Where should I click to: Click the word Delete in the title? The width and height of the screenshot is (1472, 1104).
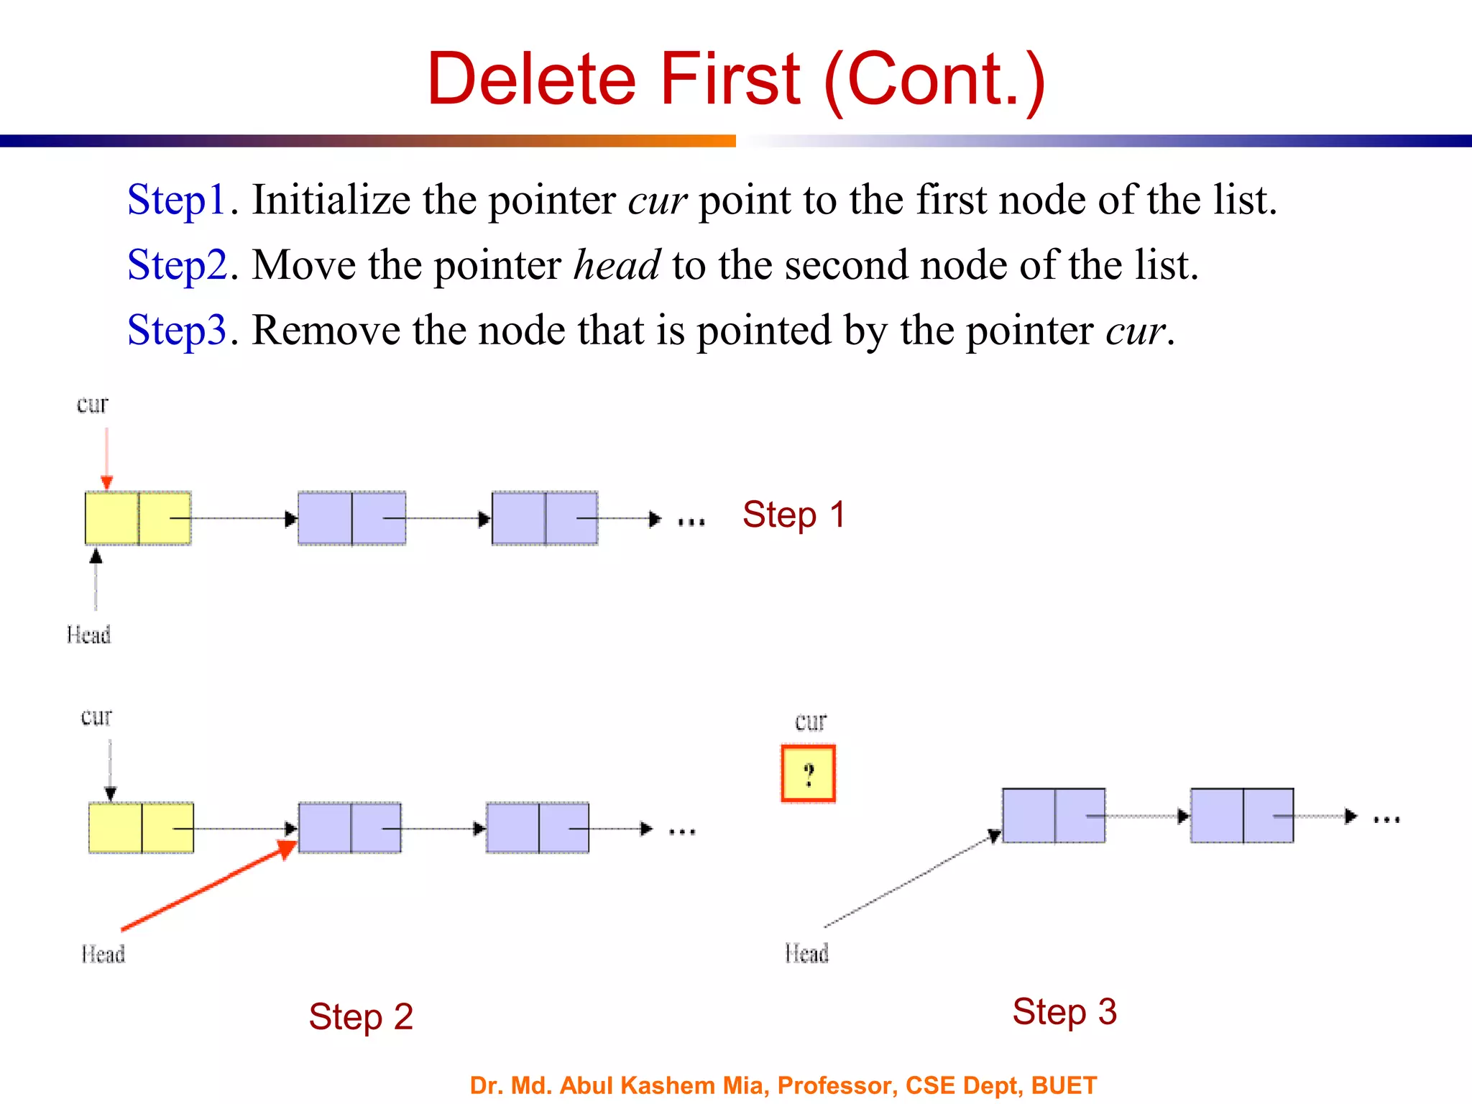(532, 79)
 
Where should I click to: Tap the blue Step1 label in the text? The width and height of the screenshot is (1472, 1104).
(177, 201)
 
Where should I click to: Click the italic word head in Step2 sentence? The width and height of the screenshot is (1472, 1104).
(617, 265)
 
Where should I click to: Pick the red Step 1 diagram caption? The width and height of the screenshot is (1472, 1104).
(793, 515)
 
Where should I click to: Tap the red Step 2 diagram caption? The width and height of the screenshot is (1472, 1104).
(361, 1017)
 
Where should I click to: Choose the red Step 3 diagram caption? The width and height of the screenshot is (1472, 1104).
(1064, 1012)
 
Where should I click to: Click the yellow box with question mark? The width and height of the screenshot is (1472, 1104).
(808, 774)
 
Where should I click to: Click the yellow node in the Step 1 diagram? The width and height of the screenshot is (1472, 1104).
(138, 518)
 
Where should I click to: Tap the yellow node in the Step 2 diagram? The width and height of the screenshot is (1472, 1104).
(141, 828)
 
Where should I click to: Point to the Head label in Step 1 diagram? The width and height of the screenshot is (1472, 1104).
(88, 635)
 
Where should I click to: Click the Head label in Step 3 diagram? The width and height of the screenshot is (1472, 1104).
(806, 954)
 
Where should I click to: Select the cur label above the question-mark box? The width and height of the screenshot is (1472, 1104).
(811, 722)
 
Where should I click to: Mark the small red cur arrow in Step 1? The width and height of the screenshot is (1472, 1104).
(106, 458)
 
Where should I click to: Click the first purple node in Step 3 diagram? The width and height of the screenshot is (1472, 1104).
(1054, 816)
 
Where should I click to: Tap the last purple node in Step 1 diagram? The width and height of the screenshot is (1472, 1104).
(545, 518)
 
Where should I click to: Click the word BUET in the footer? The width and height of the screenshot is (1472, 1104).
(1064, 1085)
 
